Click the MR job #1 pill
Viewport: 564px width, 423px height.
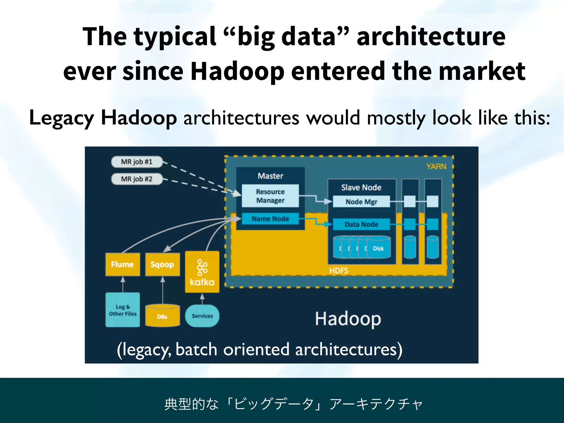point(137,162)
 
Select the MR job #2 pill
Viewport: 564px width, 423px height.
point(137,179)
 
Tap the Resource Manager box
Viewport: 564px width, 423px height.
point(270,196)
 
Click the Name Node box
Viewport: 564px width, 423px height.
point(270,219)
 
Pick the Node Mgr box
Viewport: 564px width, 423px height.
point(361,202)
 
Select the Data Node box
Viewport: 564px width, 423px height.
point(361,224)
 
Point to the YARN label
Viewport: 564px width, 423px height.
point(436,166)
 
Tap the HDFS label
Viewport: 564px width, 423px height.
point(339,271)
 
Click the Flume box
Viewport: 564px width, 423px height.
point(123,264)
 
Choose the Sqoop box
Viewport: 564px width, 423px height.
point(162,264)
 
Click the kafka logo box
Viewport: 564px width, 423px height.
point(202,272)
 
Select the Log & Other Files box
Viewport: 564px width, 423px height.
point(123,310)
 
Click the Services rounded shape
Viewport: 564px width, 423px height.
point(202,316)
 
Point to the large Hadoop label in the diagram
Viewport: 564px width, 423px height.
point(348,319)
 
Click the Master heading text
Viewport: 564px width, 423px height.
point(270,176)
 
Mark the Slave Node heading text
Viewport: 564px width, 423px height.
point(361,188)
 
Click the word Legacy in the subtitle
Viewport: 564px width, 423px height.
point(61,118)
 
